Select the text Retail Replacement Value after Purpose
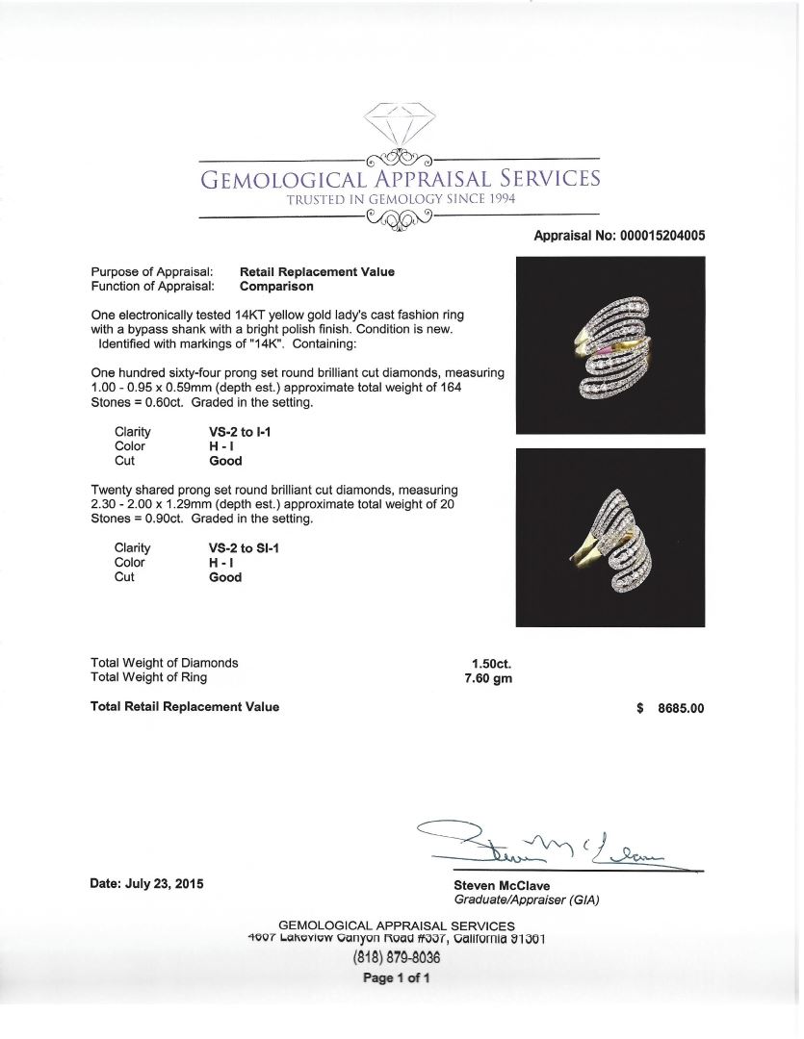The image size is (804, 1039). pos(317,272)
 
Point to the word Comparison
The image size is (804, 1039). pos(276,286)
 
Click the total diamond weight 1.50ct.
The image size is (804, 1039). pos(491,663)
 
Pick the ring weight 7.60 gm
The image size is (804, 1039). pos(488,677)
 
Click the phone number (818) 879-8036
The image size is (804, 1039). pos(396,958)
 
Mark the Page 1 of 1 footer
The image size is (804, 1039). pos(396,978)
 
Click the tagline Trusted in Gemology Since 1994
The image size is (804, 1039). pos(400,199)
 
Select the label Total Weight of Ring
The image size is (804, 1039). pos(148,677)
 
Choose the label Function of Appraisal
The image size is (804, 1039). pos(151,286)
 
